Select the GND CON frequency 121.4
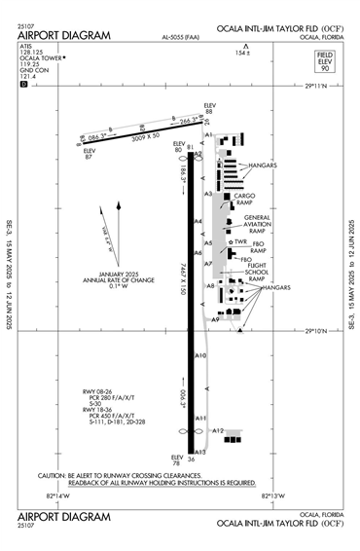point(30,76)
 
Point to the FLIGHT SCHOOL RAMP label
point(257,271)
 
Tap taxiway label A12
point(218,430)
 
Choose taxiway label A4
point(198,222)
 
